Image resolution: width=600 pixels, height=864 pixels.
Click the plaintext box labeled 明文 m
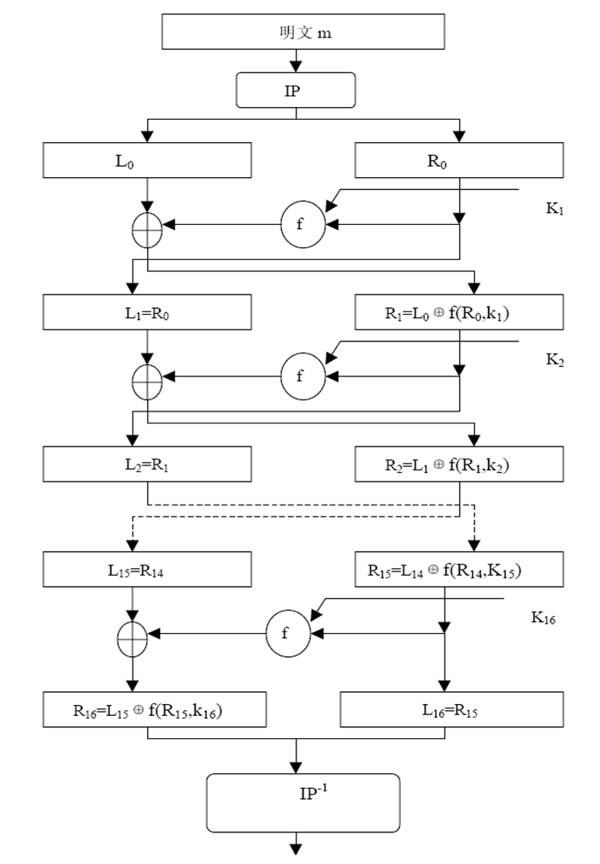coord(295,33)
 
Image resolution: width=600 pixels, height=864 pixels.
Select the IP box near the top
coord(295,90)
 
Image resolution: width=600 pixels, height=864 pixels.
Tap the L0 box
coord(148,160)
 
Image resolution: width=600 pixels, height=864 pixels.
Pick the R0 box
coord(459,160)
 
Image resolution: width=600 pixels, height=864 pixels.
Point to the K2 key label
coord(555,360)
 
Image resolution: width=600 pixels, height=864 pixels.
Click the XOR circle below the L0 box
coord(148,228)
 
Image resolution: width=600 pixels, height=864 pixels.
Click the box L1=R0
coord(148,312)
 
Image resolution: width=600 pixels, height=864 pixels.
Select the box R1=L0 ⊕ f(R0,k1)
coord(459,312)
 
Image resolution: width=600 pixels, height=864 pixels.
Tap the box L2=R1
coord(148,465)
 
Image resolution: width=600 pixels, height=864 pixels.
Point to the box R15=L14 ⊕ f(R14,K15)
coord(459,569)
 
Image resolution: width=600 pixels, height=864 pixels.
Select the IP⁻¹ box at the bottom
coord(303,802)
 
